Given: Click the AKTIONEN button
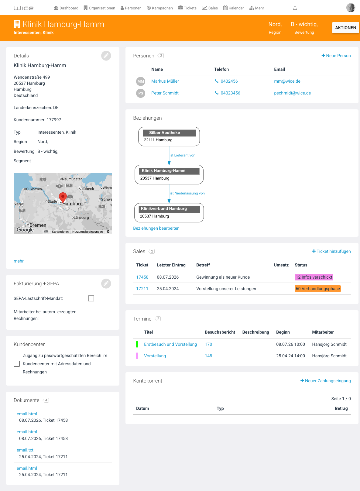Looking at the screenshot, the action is point(345,28).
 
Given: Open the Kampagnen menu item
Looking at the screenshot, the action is point(160,8).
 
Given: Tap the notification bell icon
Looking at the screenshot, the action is point(295,8).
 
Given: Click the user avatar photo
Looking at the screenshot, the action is point(351,8).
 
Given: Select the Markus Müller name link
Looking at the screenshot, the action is point(165,81).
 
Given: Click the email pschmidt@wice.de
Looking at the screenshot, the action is point(292,93).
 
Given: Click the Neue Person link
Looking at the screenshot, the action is point(336,56).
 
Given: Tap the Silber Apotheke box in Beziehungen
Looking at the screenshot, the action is point(169,136).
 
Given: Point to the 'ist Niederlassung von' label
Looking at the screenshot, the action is point(187,193).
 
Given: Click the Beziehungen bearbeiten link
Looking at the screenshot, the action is point(156,228).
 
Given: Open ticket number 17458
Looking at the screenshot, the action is point(142,277).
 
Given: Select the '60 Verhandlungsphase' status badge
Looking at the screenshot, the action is point(317,289).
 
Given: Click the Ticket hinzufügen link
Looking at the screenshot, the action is point(331,251).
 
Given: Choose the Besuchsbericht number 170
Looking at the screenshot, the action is point(208,344).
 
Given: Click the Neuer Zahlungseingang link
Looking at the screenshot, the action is point(325,381).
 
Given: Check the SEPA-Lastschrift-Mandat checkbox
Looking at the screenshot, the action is point(91,298).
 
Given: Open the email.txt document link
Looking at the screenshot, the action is point(25,450).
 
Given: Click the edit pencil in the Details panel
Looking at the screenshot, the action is point(106,56).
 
